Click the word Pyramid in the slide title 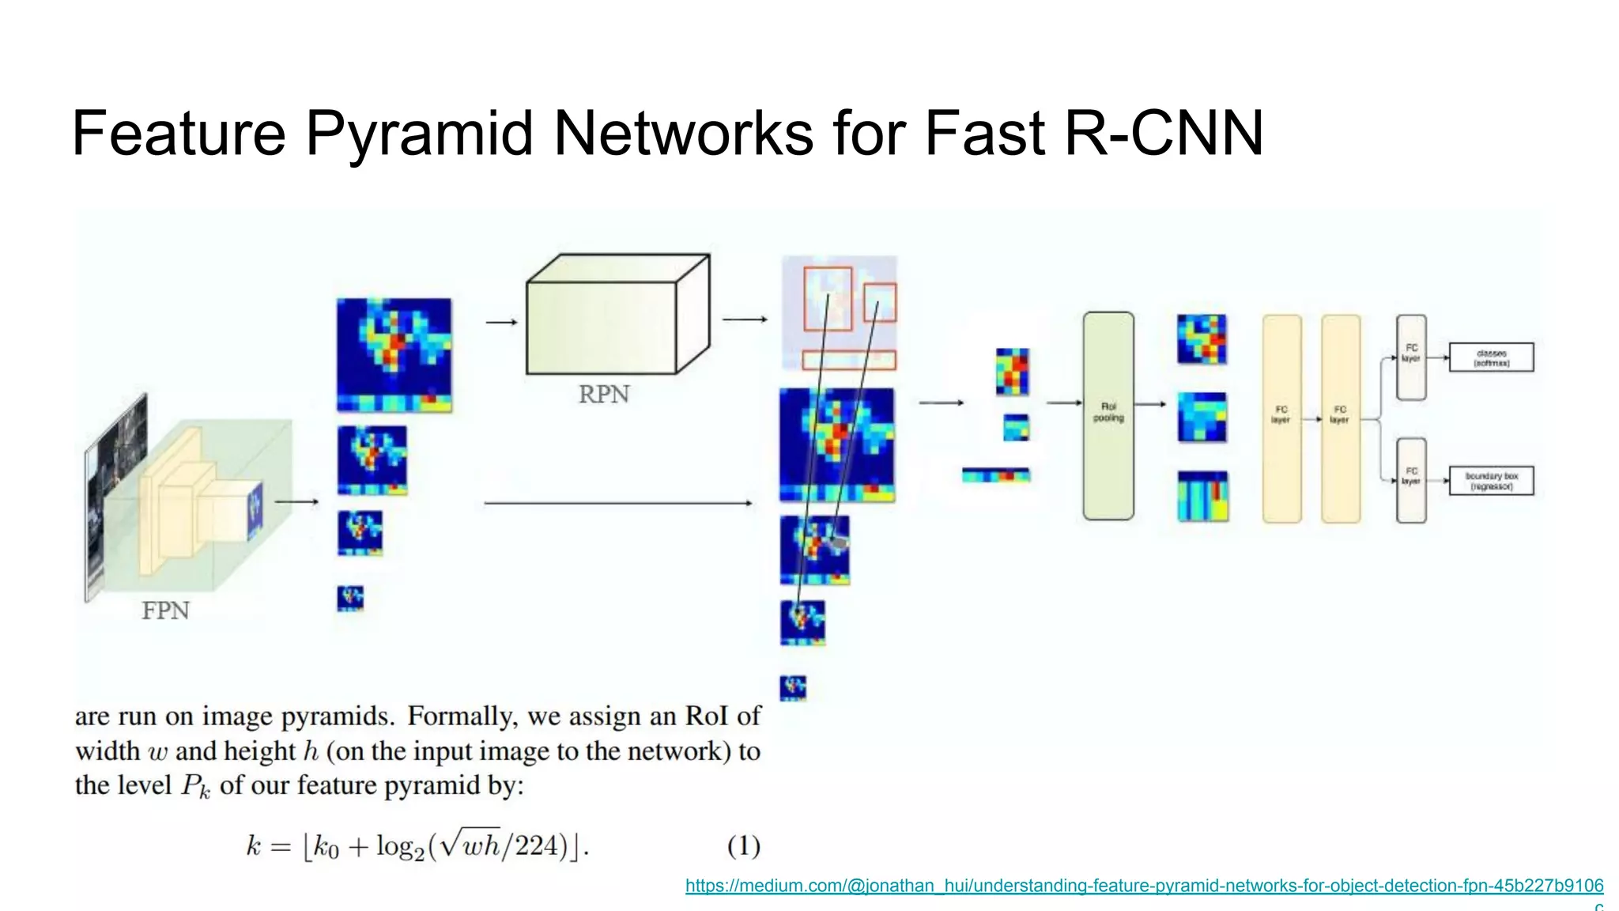419,133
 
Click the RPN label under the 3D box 604,394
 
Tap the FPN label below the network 165,610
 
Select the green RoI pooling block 1108,416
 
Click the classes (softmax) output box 1491,357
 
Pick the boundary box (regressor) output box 1491,481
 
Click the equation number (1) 743,846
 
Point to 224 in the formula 537,846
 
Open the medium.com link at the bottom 1144,886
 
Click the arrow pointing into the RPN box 502,322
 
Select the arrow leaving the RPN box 745,319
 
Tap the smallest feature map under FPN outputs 350,598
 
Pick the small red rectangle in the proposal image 880,303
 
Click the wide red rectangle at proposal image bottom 849,361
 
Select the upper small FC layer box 1411,357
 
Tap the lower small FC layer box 1411,480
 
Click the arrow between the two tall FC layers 1312,418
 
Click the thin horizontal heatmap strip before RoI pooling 996,475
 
